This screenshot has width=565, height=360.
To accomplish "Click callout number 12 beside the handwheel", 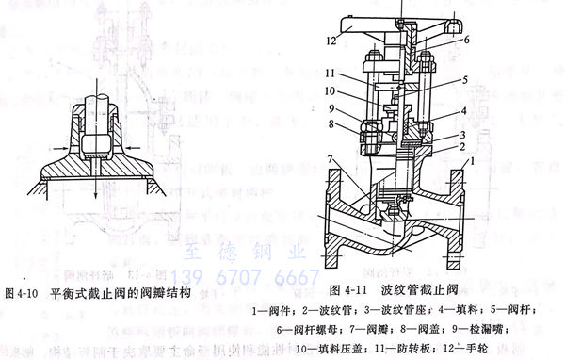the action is pyautogui.click(x=331, y=41).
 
